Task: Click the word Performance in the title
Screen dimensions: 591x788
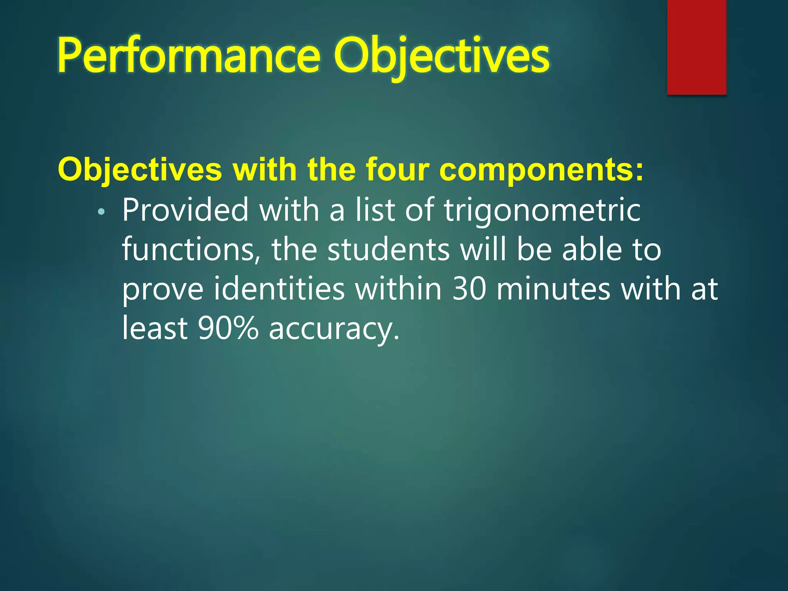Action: pyautogui.click(x=189, y=56)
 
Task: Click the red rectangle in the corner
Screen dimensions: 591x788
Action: pyautogui.click(x=696, y=47)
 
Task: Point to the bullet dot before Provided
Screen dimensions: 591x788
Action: pyautogui.click(x=101, y=212)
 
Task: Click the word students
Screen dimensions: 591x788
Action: pyautogui.click(x=388, y=250)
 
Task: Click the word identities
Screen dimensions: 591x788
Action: pyautogui.click(x=279, y=289)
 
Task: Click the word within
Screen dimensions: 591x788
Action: pyautogui.click(x=398, y=289)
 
